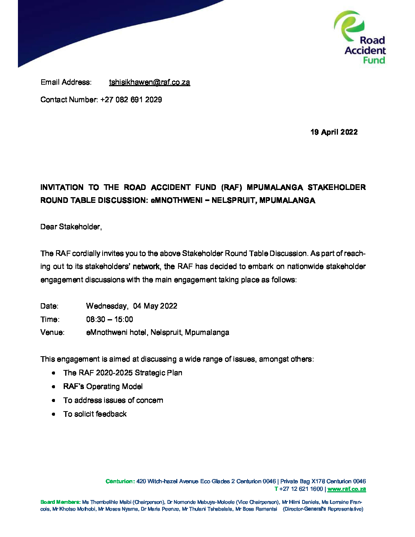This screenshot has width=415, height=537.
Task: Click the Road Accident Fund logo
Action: point(360,37)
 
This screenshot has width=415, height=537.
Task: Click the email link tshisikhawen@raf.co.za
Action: point(149,82)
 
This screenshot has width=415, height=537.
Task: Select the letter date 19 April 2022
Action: point(334,132)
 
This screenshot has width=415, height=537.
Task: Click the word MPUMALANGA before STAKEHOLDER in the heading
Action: point(275,187)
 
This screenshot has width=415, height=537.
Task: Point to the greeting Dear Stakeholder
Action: point(71,227)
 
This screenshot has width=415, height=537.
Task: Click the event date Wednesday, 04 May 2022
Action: point(132,306)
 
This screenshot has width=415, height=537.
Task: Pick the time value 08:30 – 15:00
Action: point(109,320)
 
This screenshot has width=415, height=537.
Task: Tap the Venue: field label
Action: point(52,333)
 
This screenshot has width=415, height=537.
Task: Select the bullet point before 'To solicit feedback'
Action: point(54,414)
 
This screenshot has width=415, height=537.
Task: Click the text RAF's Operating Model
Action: point(103,387)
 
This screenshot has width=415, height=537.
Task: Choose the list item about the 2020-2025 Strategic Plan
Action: point(122,373)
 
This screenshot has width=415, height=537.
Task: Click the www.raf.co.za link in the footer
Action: point(346,489)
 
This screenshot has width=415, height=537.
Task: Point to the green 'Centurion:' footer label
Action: point(120,481)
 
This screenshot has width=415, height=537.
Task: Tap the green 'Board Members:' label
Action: point(60,502)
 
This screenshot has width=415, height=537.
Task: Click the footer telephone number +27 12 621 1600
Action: point(301,489)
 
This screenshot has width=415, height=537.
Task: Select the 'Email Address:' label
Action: point(66,82)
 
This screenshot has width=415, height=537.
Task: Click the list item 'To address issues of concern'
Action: point(113,400)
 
